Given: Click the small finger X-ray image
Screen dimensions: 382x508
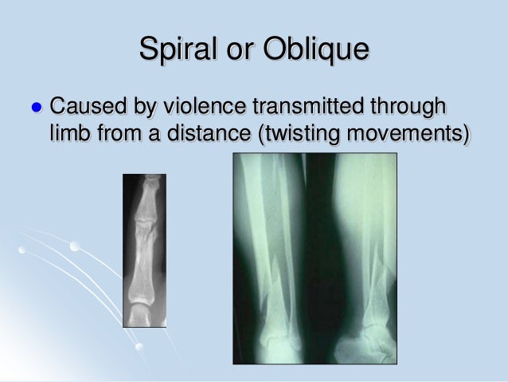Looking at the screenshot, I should [x=144, y=250].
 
